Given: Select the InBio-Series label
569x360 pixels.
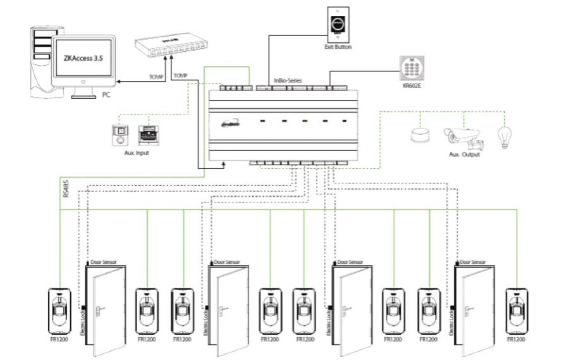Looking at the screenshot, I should pos(288,80).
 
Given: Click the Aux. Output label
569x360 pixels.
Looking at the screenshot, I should pos(463,154).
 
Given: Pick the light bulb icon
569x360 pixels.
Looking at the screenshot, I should pos(505,136).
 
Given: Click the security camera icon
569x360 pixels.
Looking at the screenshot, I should pos(463,135).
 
